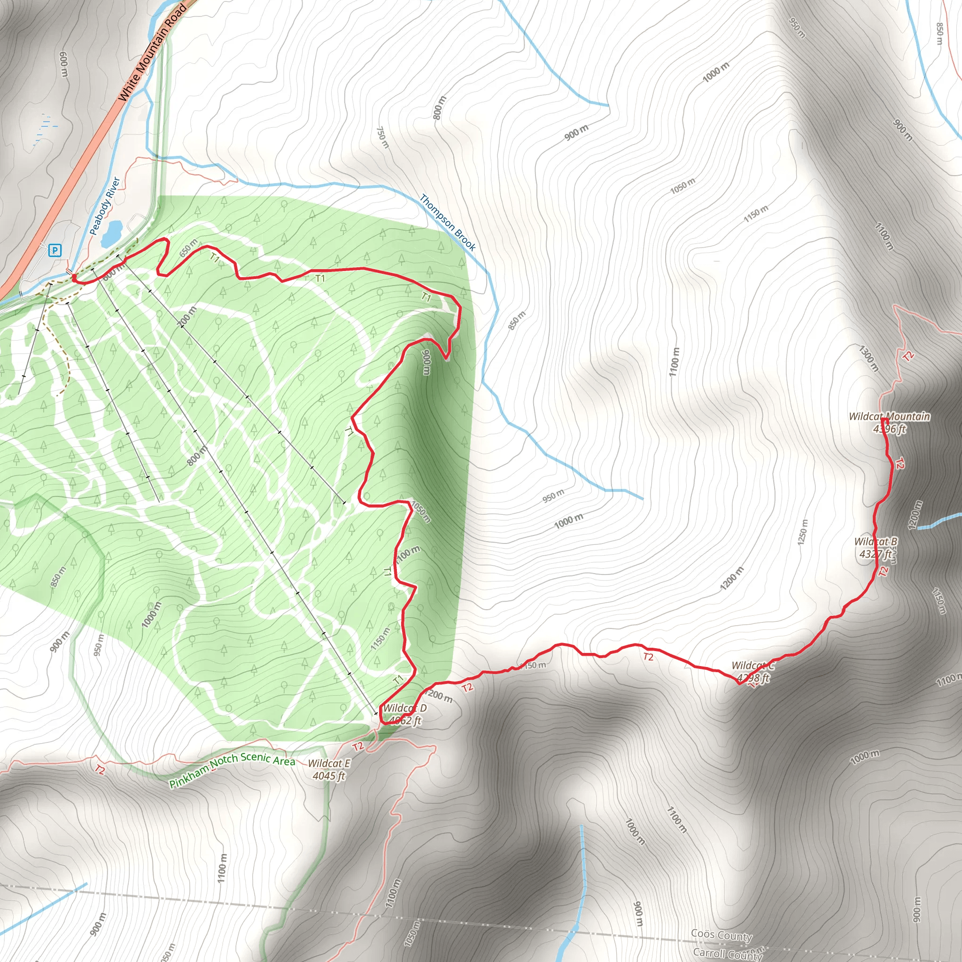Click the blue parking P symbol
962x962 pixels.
pyautogui.click(x=55, y=250)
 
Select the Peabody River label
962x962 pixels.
pyautogui.click(x=105, y=206)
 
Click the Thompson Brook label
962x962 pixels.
pyautogui.click(x=447, y=222)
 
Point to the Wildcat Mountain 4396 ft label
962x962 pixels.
pyautogui.click(x=889, y=422)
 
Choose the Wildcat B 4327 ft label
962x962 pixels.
pyautogui.click(x=876, y=547)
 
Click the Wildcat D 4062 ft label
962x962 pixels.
pyautogui.click(x=405, y=714)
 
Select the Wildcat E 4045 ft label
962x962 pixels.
pyautogui.click(x=329, y=769)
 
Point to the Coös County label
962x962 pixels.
pyautogui.click(x=721, y=935)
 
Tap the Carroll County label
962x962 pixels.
pyautogui.click(x=728, y=953)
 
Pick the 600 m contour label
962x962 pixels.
pyautogui.click(x=64, y=64)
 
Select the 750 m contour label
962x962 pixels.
pyautogui.click(x=382, y=137)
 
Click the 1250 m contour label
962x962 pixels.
pyautogui.click(x=802, y=532)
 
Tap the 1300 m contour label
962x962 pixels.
pyautogui.click(x=869, y=358)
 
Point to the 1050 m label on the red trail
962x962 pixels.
pyautogui.click(x=420, y=512)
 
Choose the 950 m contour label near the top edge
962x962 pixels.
pyautogui.click(x=797, y=27)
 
